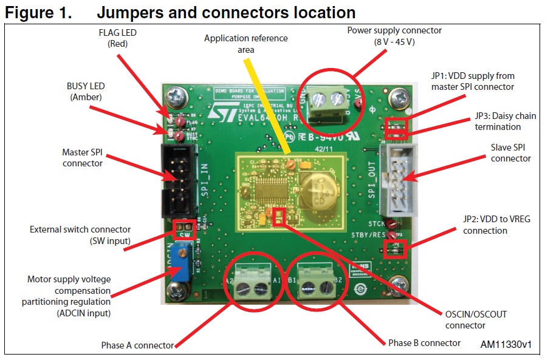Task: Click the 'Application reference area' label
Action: [245, 44]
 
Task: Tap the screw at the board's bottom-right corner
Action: [400, 284]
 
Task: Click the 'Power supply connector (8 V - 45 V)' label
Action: [394, 36]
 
